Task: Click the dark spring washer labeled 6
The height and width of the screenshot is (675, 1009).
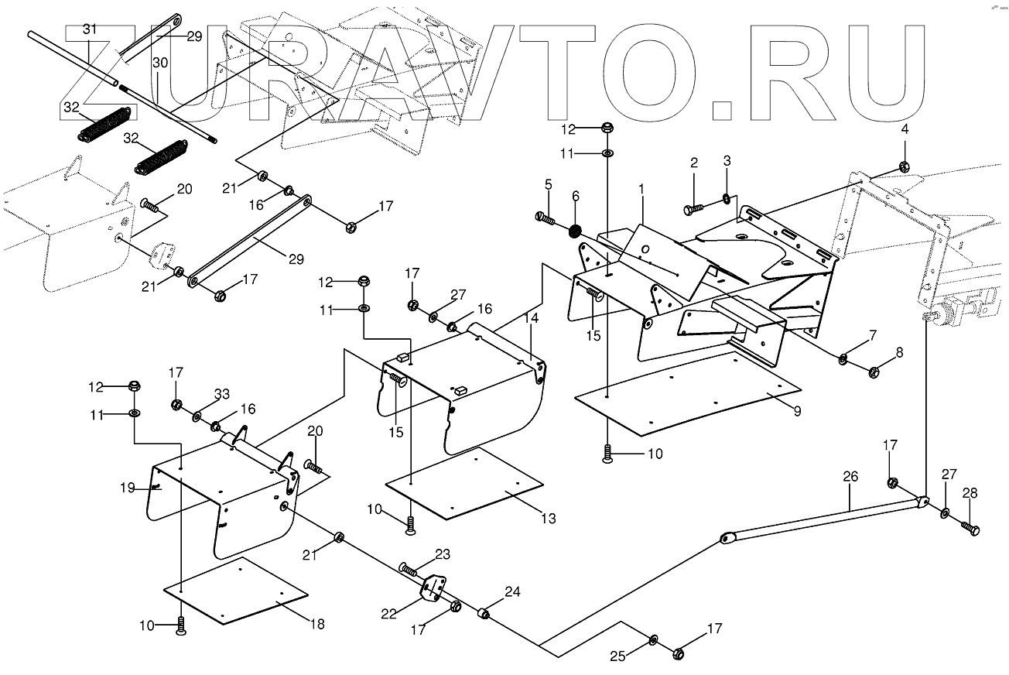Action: click(576, 230)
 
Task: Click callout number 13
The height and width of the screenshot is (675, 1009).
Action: click(548, 519)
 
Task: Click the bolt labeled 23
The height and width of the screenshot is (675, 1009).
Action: click(409, 569)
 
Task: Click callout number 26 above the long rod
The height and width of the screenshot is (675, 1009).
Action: click(850, 477)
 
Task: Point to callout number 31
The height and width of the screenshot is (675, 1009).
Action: click(90, 29)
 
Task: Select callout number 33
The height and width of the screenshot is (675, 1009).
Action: click(222, 395)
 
